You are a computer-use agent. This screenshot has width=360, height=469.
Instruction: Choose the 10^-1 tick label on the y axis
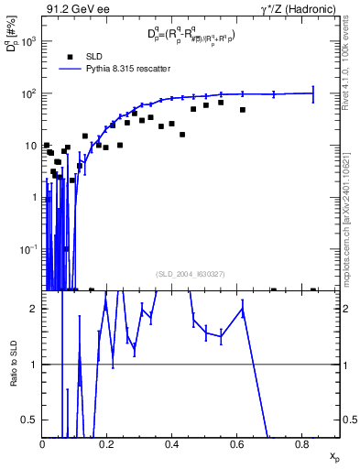click(x=27, y=249)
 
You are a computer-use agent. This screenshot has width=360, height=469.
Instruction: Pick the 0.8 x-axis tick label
click(x=302, y=444)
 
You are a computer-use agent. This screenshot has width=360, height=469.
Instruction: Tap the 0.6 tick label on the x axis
click(x=237, y=444)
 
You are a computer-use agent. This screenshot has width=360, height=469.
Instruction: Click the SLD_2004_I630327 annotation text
click(x=191, y=273)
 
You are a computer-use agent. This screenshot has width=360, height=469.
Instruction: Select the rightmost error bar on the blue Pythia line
click(x=313, y=93)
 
